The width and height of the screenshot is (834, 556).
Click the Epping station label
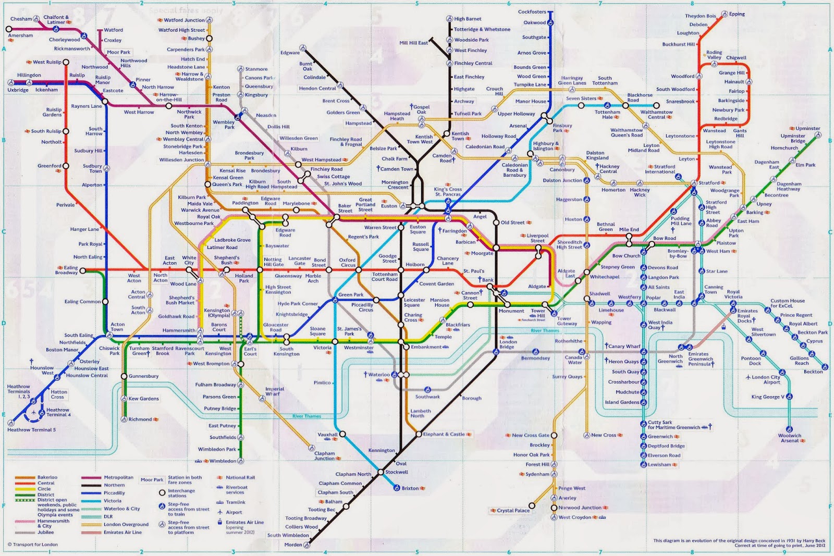coord(737,14)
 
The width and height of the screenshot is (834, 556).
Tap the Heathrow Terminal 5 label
coord(31,430)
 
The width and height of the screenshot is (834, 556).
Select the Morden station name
coord(293,545)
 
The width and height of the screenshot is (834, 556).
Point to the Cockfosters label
coord(532,11)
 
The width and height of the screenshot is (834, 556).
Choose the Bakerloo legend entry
coord(47,477)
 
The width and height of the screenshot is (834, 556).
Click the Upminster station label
coord(807,128)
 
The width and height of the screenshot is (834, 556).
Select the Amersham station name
coord(20,35)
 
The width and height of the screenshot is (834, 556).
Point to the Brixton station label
coord(410,488)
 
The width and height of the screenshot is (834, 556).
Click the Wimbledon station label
coord(223,461)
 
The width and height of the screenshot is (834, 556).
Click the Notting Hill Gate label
coord(273,262)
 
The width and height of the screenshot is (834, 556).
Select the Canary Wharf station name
coord(624,346)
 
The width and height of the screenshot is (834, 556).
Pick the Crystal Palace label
coord(513,511)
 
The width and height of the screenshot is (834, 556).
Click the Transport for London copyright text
coord(35,545)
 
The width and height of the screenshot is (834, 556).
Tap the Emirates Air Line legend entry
coord(122,532)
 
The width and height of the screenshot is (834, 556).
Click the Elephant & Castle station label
coord(444,434)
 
